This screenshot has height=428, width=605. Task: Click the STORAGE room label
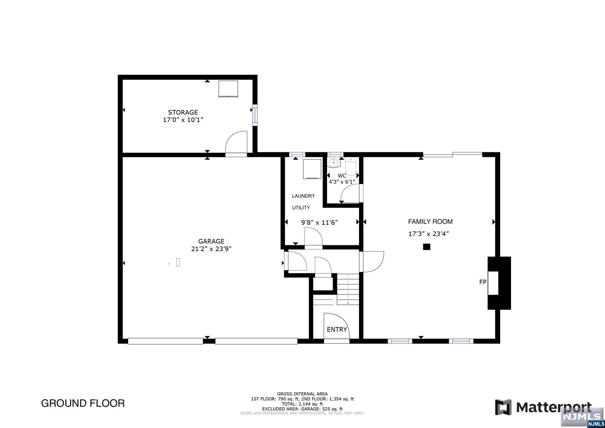click(x=183, y=113)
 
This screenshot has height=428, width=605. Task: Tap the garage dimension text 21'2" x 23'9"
click(x=211, y=249)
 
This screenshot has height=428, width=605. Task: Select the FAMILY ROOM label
click(x=430, y=222)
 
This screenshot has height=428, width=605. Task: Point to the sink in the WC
click(x=334, y=162)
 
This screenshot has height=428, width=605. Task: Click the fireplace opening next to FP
click(x=493, y=283)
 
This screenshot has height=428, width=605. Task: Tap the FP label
click(x=482, y=282)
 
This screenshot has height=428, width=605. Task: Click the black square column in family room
click(x=427, y=247)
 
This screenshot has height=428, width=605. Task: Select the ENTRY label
click(x=336, y=330)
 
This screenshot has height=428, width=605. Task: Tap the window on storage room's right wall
click(x=255, y=115)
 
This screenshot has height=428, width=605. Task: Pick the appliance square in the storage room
click(x=228, y=89)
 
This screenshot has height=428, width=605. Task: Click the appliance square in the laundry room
click(x=312, y=169)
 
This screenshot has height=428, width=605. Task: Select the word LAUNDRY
click(x=303, y=196)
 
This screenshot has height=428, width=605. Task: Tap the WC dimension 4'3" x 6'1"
click(x=342, y=182)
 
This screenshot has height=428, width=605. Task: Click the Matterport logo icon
click(x=503, y=407)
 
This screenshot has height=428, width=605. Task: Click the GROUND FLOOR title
click(x=83, y=403)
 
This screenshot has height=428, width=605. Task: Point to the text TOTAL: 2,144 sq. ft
click(x=302, y=404)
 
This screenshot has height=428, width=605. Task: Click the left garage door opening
click(x=165, y=341)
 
